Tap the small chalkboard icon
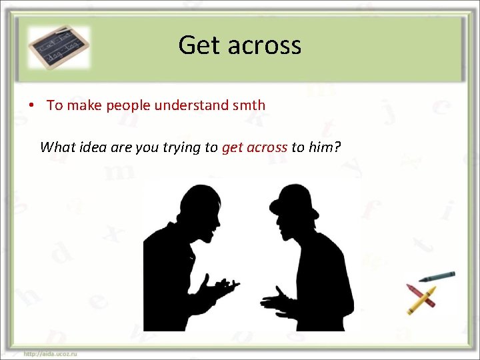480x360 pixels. coord(59,46)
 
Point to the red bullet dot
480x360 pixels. coord(31,105)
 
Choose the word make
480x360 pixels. coord(83,105)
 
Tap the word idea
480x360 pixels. coord(93,147)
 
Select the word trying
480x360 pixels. coord(181,147)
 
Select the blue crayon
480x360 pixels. coord(437,275)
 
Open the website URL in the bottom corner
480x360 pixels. coord(50,353)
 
